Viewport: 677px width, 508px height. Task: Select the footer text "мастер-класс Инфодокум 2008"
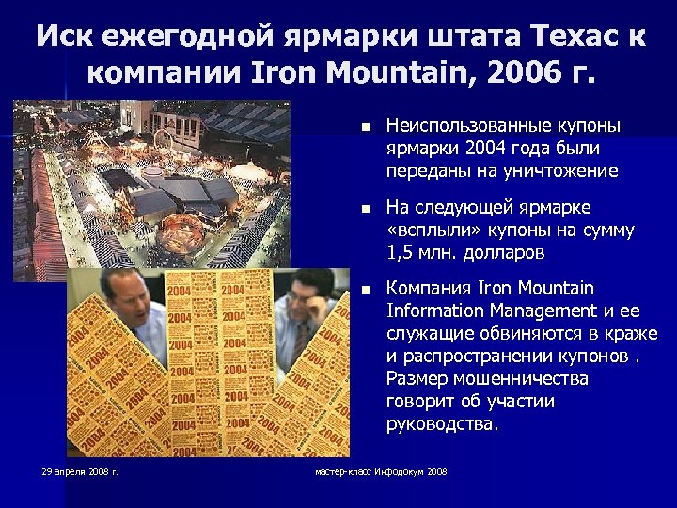[381, 470]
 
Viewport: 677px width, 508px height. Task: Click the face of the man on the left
[122, 305]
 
